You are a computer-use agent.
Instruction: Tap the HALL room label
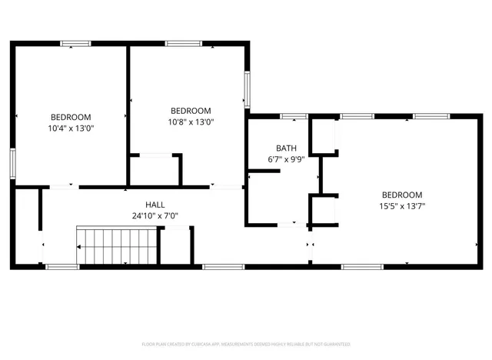click(x=155, y=205)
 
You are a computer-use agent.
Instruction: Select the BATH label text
click(x=286, y=148)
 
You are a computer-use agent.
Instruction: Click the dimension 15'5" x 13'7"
click(x=402, y=205)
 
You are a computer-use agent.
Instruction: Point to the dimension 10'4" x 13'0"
click(x=71, y=129)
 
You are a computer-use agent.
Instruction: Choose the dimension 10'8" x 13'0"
click(x=191, y=122)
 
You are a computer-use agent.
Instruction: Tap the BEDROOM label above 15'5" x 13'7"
click(x=402, y=195)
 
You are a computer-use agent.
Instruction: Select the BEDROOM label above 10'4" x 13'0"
click(x=71, y=118)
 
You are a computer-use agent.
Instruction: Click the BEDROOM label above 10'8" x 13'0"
click(x=191, y=111)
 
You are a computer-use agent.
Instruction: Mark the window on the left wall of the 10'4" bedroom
click(x=13, y=164)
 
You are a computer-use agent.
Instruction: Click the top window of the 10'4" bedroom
click(x=75, y=43)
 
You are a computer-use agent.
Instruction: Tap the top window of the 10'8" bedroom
click(x=184, y=43)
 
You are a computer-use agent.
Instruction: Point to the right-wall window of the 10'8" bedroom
click(x=247, y=90)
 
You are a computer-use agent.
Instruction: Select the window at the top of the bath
click(x=294, y=116)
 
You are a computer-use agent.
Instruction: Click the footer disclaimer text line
click(x=246, y=344)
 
